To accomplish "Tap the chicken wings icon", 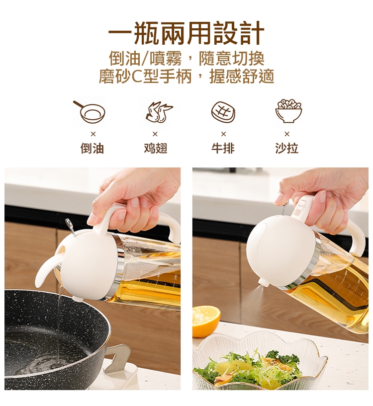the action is tap(159, 112).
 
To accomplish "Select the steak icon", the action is tap(223, 112).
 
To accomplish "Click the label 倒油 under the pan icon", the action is tap(93, 149).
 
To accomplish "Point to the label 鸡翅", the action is tap(156, 149).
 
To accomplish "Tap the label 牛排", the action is tap(223, 149).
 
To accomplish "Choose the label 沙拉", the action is tap(286, 149).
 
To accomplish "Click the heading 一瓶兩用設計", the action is tap(186, 33).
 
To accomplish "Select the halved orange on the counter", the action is tap(205, 321).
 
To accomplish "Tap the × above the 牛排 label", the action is tap(223, 134).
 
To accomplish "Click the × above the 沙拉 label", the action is tap(286, 134).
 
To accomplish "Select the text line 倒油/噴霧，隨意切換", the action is tap(186, 58).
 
